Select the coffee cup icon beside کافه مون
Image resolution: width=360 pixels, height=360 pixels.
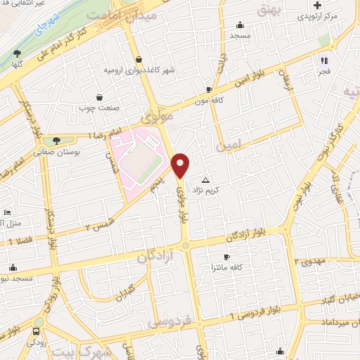coord(209,89)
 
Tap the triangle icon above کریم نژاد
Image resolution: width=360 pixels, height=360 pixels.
coord(205,180)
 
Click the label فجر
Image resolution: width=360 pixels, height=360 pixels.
coord(323,72)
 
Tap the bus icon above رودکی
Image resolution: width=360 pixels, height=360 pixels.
coord(36,330)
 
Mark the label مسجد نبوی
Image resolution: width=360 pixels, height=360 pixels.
coord(20,279)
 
